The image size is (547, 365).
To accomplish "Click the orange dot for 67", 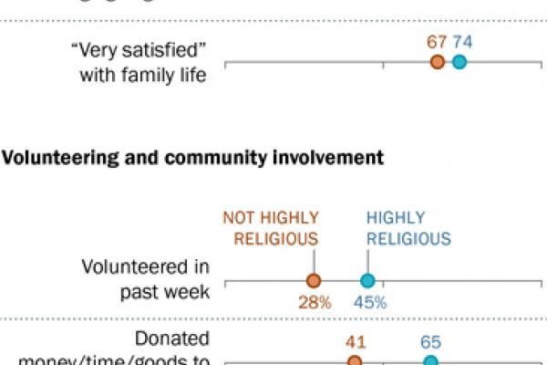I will (438, 62).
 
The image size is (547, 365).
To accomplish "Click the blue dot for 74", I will (459, 62).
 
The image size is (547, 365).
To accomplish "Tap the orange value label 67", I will (437, 41).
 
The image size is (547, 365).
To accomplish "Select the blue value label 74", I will (464, 41).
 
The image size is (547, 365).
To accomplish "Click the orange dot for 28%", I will (315, 281).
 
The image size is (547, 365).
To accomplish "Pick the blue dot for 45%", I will (368, 281).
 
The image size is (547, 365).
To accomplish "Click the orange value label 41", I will (355, 342).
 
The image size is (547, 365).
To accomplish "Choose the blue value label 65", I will (431, 342).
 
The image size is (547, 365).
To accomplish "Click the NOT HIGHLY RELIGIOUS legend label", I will (271, 228).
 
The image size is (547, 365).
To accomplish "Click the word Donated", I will (172, 339).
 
